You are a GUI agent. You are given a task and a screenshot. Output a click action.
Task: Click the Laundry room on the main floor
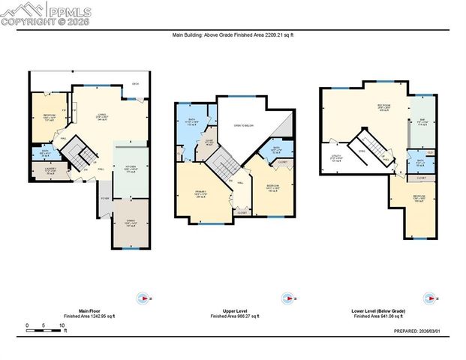point(45,171)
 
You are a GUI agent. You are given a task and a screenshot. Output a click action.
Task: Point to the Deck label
point(135,83)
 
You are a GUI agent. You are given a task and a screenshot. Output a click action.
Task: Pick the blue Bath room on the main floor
point(44,154)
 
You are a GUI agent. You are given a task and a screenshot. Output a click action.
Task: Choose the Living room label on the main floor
point(102,117)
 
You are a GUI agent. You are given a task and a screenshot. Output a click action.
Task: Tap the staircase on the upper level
point(223,161)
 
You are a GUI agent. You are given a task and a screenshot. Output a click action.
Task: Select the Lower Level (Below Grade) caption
point(378,310)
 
